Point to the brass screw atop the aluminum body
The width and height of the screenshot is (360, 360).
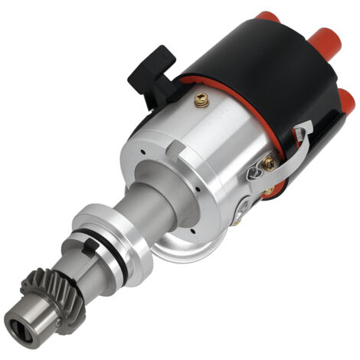click(202, 100)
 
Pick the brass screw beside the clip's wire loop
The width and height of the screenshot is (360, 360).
click(269, 162)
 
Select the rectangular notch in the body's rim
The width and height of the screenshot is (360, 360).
click(177, 145)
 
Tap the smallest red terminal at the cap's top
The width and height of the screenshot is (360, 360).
click(267, 16)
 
